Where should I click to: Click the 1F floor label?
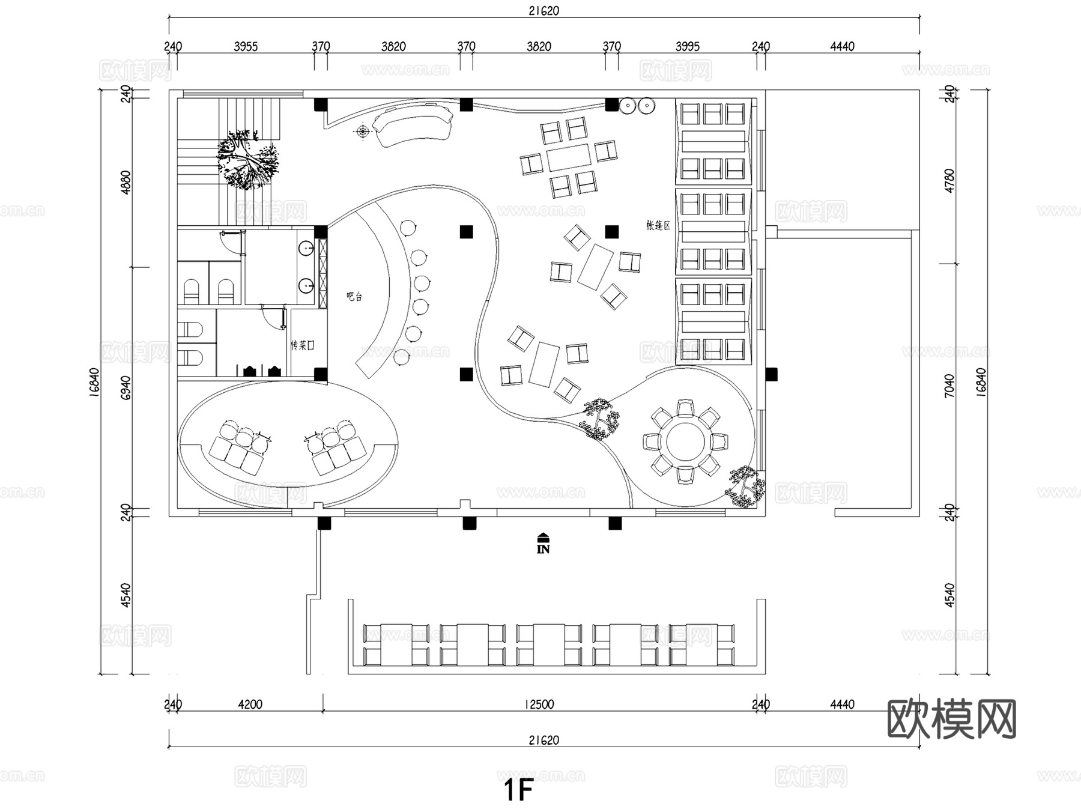(x=518, y=790)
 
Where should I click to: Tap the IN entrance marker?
(x=543, y=544)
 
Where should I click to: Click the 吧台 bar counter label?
(x=354, y=296)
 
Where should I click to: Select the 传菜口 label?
(x=302, y=345)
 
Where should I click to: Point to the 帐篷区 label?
(x=658, y=225)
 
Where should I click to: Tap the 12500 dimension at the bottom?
(x=539, y=704)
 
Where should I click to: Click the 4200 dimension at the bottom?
(x=250, y=704)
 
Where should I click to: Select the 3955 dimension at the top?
(x=246, y=46)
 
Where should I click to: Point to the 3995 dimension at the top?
(x=687, y=46)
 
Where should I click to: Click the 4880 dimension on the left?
(x=126, y=182)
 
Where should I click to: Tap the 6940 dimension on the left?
(x=126, y=387)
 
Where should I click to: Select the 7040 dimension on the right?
(x=949, y=385)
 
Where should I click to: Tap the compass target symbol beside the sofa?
(x=363, y=132)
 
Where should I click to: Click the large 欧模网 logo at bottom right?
(x=951, y=718)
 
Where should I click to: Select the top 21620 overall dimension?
(x=544, y=10)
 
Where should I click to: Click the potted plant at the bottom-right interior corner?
(x=745, y=487)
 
